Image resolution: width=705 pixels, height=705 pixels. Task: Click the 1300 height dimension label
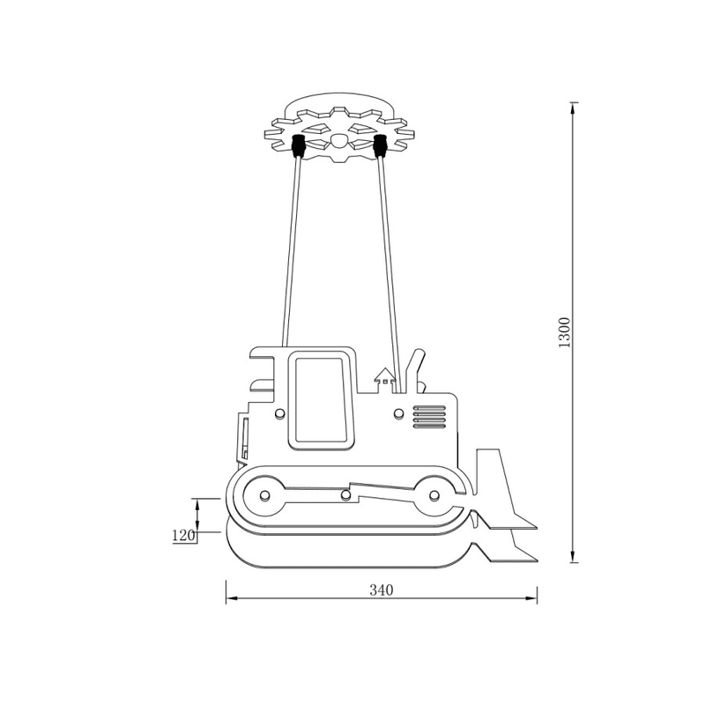[x=565, y=332]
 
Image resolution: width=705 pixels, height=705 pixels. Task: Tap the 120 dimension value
[x=183, y=535]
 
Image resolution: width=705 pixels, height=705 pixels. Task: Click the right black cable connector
[x=381, y=145]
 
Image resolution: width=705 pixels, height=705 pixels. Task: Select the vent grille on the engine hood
[x=430, y=416]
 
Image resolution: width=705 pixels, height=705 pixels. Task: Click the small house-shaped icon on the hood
[x=384, y=377]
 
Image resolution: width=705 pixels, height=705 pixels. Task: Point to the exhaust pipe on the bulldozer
[x=413, y=369]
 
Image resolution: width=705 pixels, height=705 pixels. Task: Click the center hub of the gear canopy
[x=339, y=140]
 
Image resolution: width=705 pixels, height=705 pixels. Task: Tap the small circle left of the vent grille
[x=398, y=413]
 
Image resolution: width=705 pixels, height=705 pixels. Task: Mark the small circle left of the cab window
[x=280, y=413]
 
